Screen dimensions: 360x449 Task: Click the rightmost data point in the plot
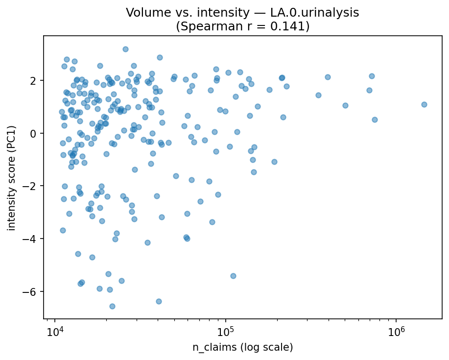424,104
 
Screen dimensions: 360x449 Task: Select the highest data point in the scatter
125,49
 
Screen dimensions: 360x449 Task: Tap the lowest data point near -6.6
112,306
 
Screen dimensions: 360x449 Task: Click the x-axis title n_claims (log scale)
242,347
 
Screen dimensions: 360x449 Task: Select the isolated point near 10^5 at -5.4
233,276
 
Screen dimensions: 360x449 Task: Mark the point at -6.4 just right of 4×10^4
159,301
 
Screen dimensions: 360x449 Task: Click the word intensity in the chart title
215,13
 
